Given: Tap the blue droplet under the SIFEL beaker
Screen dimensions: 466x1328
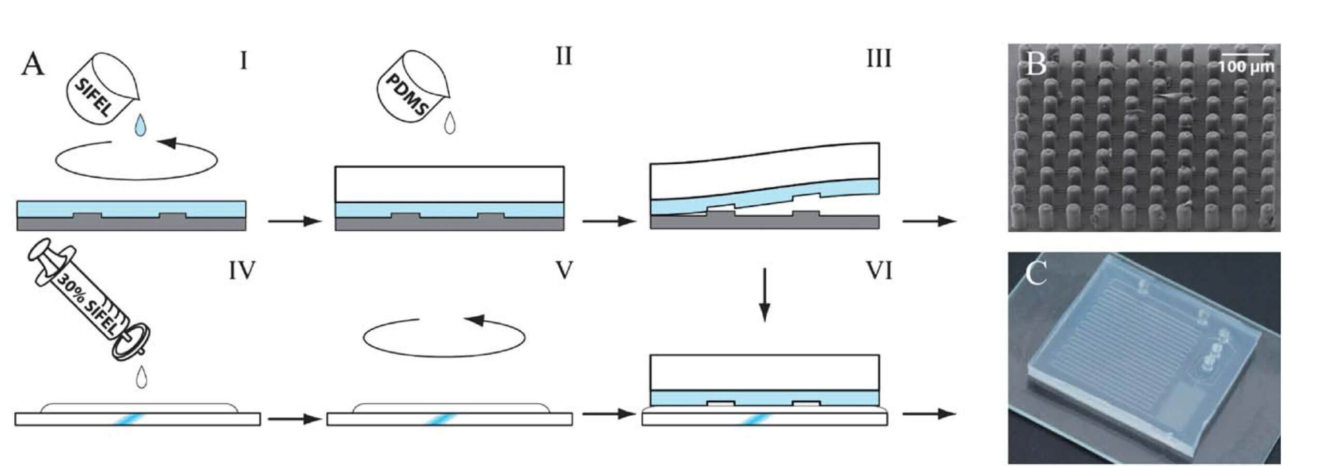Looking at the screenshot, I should point(139,126).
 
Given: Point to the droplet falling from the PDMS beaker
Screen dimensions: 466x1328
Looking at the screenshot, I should point(450,123).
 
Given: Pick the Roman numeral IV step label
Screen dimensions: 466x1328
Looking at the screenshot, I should point(242,271).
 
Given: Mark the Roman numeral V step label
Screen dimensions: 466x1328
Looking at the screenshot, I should point(563,271).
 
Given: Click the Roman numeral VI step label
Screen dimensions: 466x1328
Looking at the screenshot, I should point(879,271).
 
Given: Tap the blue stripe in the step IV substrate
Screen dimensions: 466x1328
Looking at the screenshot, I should point(125,419).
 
